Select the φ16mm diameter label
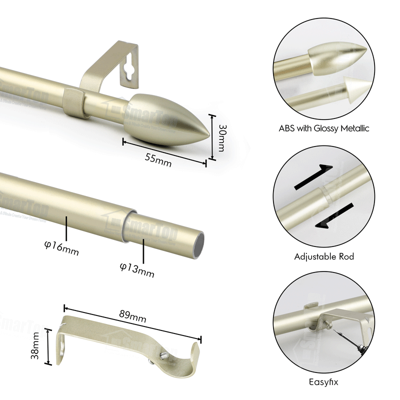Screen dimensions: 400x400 [61, 247]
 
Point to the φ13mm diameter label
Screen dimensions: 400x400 [136, 270]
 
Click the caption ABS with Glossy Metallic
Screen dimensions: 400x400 [324, 128]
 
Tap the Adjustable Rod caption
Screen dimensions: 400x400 [324, 257]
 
